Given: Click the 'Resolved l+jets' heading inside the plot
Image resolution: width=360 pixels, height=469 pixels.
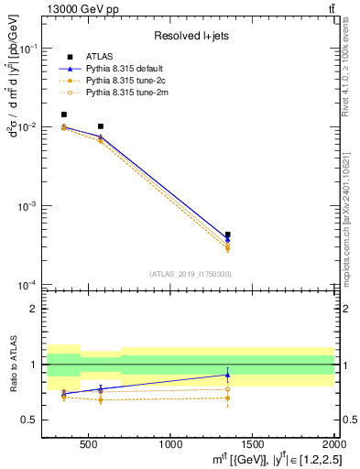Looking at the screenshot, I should pyautogui.click(x=191, y=36).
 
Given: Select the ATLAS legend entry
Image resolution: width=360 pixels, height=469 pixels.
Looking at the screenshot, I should pyautogui.click(x=99, y=57).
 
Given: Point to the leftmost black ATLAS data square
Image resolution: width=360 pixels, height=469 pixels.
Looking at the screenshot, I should pyautogui.click(x=63, y=115).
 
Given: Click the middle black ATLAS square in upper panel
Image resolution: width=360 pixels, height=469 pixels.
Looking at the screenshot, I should pyautogui.click(x=100, y=125).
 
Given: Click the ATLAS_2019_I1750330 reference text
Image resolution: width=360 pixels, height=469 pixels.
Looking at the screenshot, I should pyautogui.click(x=190, y=274).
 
